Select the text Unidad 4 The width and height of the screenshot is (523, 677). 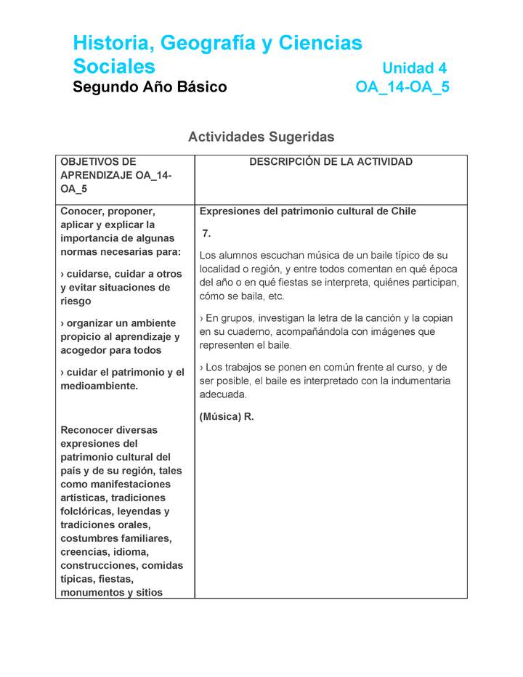tap(414, 68)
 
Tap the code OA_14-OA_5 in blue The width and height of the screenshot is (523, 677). tap(402, 87)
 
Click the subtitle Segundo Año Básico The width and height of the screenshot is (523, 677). tap(150, 87)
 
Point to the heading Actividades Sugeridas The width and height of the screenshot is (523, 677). tap(261, 137)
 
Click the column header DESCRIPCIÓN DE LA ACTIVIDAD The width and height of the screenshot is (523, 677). tap(331, 162)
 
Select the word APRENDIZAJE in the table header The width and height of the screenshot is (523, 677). tap(86, 175)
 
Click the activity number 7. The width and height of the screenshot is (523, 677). tap(206, 233)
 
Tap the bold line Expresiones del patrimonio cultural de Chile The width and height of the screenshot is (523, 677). tap(307, 211)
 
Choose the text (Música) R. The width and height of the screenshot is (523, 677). tap(226, 417)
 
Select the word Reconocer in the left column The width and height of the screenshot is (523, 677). tap(86, 430)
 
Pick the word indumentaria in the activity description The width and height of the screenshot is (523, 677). tap(419, 381)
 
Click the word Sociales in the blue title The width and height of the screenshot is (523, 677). tap(114, 67)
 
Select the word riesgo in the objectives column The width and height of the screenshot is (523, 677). tap(76, 301)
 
